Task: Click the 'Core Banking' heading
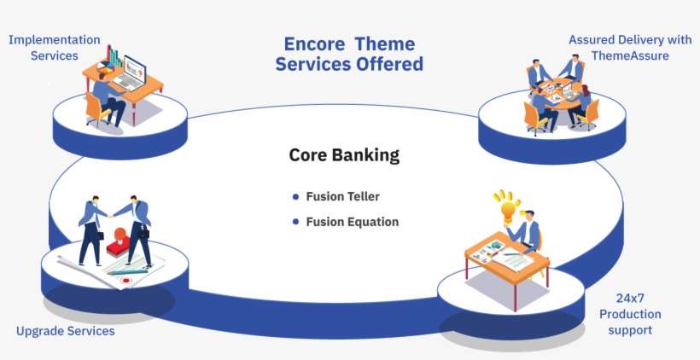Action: click(x=344, y=155)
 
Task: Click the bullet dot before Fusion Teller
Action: click(x=296, y=196)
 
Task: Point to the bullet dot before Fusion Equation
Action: click(x=296, y=222)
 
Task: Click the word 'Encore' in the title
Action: click(x=313, y=44)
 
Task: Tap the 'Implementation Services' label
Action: click(x=55, y=48)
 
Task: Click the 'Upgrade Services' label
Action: click(x=65, y=330)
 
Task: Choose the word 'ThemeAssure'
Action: click(x=630, y=55)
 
